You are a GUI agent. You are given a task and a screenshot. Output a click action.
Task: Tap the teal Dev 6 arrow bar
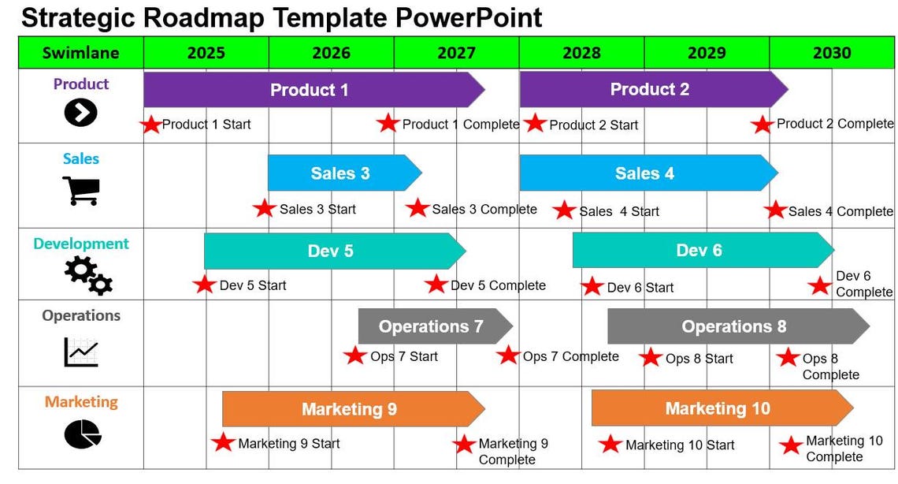tap(699, 251)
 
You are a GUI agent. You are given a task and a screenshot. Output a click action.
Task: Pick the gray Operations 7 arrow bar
tap(432, 326)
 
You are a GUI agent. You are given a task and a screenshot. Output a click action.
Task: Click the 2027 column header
tap(456, 53)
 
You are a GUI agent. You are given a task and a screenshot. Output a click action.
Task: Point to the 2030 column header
tap(832, 53)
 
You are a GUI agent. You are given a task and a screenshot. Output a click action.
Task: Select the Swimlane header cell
tap(81, 53)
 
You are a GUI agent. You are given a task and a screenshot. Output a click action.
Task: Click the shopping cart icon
tap(80, 190)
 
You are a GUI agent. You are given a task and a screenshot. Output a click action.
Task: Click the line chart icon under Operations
tap(81, 352)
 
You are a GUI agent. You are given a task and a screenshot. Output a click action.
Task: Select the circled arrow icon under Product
tap(80, 114)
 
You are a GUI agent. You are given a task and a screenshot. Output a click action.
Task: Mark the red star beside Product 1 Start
tap(150, 125)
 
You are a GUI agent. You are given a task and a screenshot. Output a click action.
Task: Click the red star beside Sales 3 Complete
tap(417, 208)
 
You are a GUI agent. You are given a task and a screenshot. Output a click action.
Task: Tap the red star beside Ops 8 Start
tap(650, 358)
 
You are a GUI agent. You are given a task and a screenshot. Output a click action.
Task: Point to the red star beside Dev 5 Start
tap(204, 285)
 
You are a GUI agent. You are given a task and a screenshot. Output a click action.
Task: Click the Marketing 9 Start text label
tap(288, 444)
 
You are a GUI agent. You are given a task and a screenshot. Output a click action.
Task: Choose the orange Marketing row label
tap(81, 402)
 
